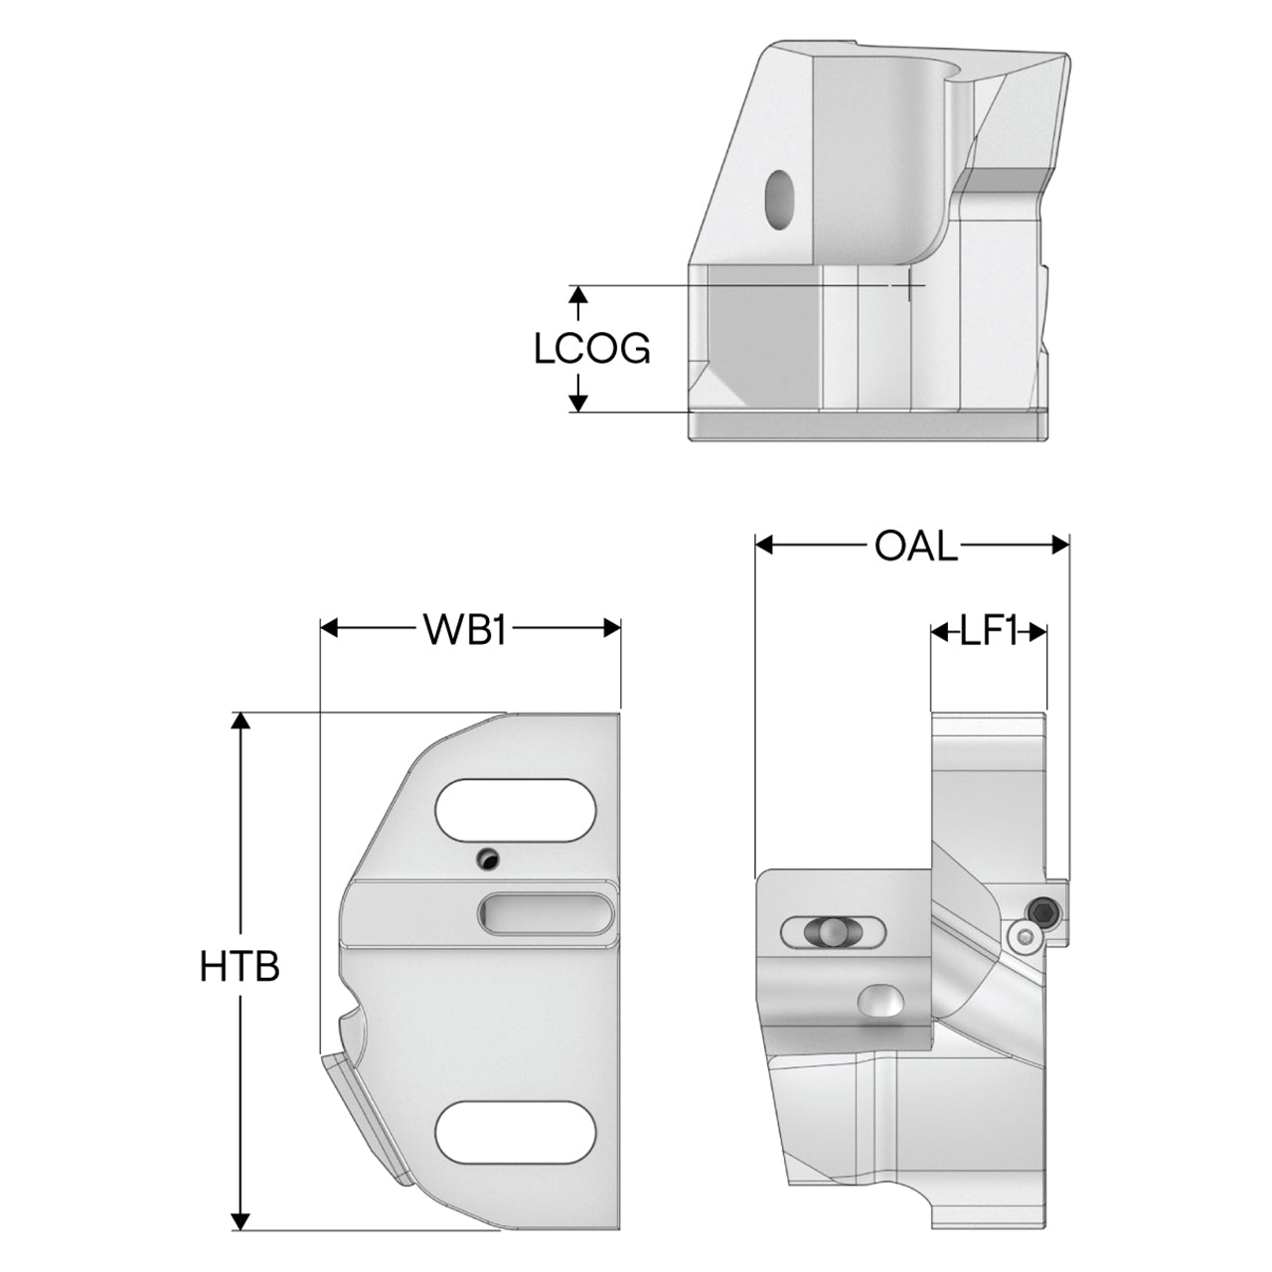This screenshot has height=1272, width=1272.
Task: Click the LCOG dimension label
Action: [x=591, y=349]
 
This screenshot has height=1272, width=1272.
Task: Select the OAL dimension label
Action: [x=915, y=546]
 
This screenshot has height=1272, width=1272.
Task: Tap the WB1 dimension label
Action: [x=465, y=628]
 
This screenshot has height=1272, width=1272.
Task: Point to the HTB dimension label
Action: [x=239, y=966]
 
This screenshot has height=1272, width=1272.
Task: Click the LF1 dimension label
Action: [x=988, y=632]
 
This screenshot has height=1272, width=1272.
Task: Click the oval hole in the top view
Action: [x=779, y=200]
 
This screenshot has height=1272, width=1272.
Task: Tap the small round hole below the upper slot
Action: [x=487, y=859]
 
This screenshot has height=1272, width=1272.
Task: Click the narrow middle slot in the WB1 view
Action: [x=546, y=913]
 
